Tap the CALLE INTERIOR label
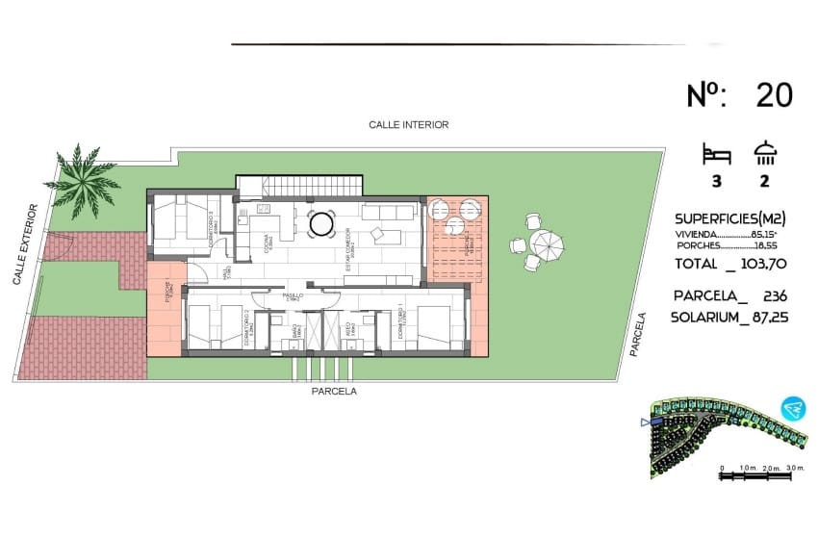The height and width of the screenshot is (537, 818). [409, 125]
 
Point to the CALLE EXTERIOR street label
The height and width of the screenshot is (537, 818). [26, 244]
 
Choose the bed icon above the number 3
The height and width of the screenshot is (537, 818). [717, 153]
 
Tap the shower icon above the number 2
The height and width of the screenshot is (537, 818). [767, 153]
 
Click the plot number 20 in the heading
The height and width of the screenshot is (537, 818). [775, 95]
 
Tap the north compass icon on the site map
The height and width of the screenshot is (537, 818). [793, 410]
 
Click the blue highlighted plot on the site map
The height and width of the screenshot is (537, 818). [656, 422]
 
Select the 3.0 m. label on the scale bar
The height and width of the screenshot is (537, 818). [793, 468]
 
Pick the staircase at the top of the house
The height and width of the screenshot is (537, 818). [300, 184]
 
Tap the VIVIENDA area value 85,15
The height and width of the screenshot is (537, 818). [775, 234]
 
